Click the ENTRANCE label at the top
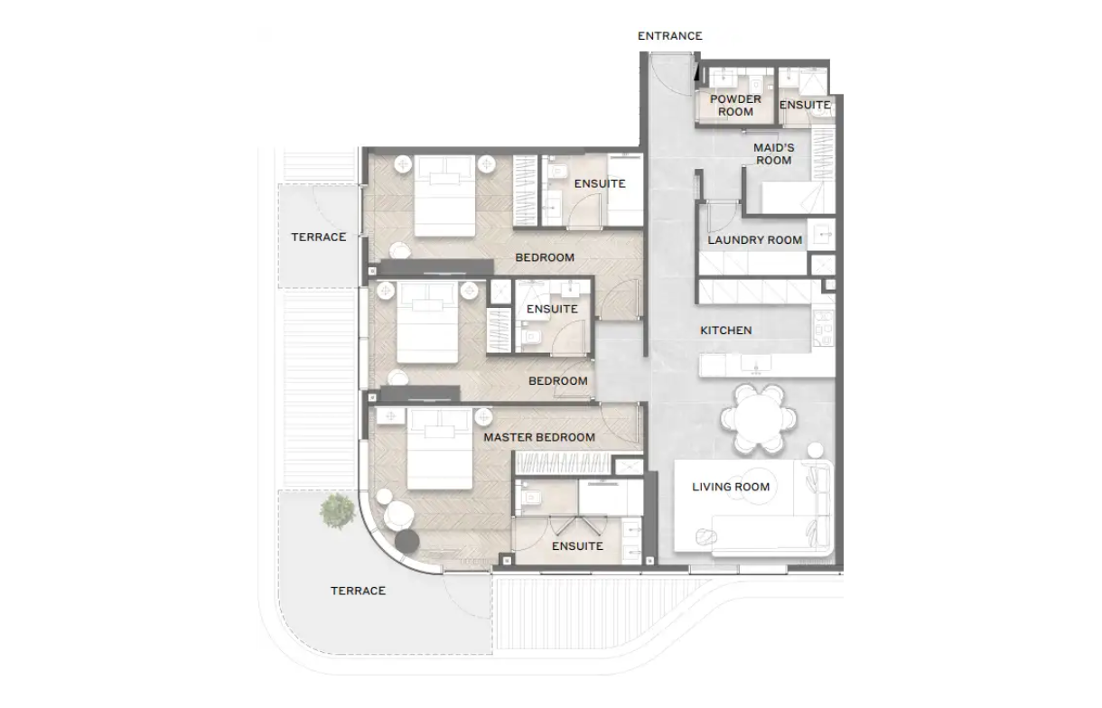point(669,36)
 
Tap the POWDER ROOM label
point(735,106)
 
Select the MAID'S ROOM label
point(774,154)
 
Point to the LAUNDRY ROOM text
point(754,240)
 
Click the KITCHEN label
point(726,331)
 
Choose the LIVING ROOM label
point(731,487)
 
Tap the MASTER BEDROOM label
point(539,437)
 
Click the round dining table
point(758,419)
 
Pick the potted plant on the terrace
point(337,511)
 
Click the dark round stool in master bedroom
point(406,541)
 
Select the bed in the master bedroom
point(440,449)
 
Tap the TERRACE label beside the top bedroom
point(318,238)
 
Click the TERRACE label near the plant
point(358,591)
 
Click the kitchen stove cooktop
point(823,328)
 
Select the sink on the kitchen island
point(756,366)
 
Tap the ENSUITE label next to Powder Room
point(805,105)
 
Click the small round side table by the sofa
point(815,451)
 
